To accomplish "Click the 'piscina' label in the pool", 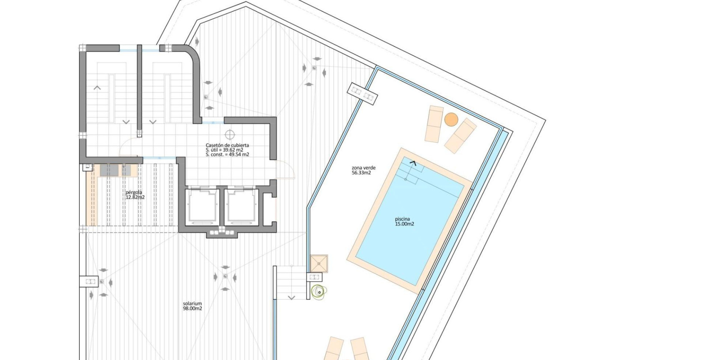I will (x=402, y=219).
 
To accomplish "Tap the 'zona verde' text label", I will (x=363, y=168).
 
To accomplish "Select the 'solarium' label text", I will (x=192, y=304).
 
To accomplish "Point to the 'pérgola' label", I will (x=134, y=192).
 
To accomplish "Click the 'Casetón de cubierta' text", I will (x=227, y=145).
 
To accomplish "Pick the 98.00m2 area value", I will (x=192, y=309).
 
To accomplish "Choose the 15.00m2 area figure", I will (x=405, y=224).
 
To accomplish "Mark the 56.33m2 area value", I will (x=361, y=173).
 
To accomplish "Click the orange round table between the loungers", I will (x=451, y=119).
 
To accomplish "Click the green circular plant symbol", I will (x=318, y=291).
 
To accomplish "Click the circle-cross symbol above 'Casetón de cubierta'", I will (x=230, y=135).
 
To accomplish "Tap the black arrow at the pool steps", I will (x=413, y=162).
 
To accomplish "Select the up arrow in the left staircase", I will (x=97, y=88).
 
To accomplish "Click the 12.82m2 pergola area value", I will (x=135, y=197).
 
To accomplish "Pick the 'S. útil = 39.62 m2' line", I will (x=224, y=150).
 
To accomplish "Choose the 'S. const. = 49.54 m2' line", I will (x=227, y=154).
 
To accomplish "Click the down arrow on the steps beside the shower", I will (x=291, y=297).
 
